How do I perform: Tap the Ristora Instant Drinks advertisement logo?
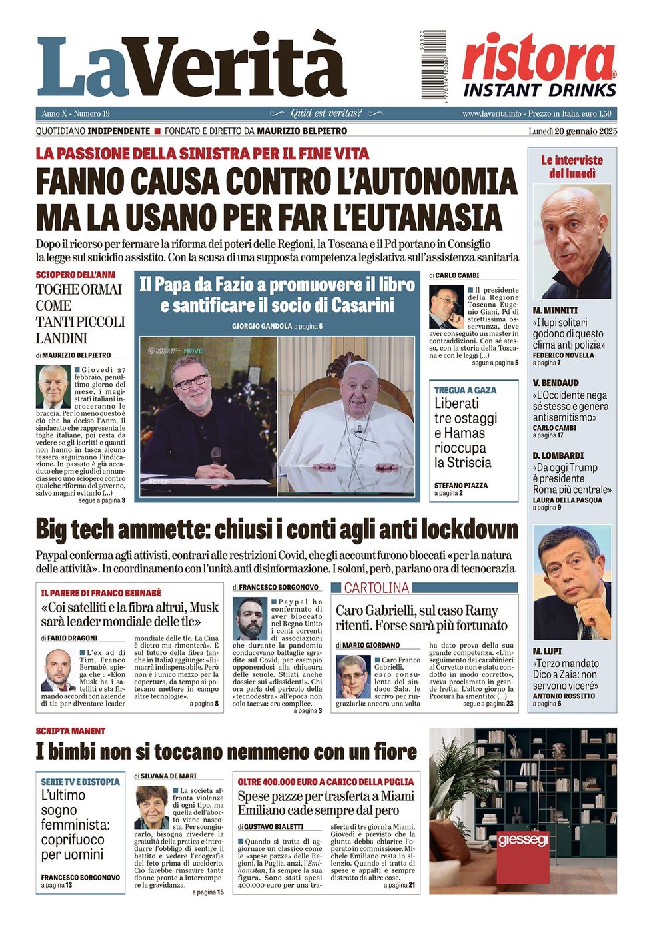coord(538,65)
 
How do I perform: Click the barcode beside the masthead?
coord(433,64)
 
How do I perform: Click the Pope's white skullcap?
coord(358,364)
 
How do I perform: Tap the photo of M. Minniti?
coord(572,241)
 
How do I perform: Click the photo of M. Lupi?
coord(572,582)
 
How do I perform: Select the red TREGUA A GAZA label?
coord(465,390)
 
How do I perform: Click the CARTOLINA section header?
coord(376,588)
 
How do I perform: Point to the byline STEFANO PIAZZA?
coord(461,486)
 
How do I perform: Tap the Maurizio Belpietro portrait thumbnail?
coord(53,386)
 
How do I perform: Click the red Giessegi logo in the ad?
coord(523,840)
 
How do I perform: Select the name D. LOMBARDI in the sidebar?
coord(558,455)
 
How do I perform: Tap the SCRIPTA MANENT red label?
coord(71,731)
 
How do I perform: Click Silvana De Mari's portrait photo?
coord(152,807)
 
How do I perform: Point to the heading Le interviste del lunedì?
coord(572,167)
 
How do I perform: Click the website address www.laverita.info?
coord(492,114)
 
